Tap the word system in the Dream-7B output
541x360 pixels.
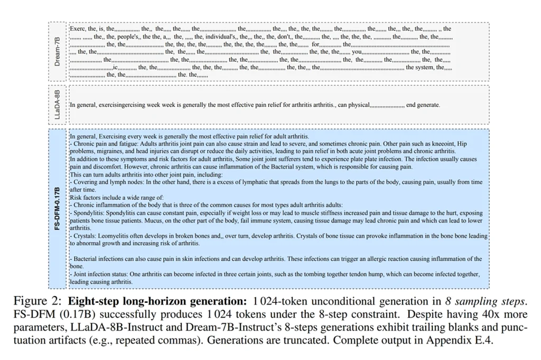click(424, 67)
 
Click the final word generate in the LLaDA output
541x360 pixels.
click(429, 105)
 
